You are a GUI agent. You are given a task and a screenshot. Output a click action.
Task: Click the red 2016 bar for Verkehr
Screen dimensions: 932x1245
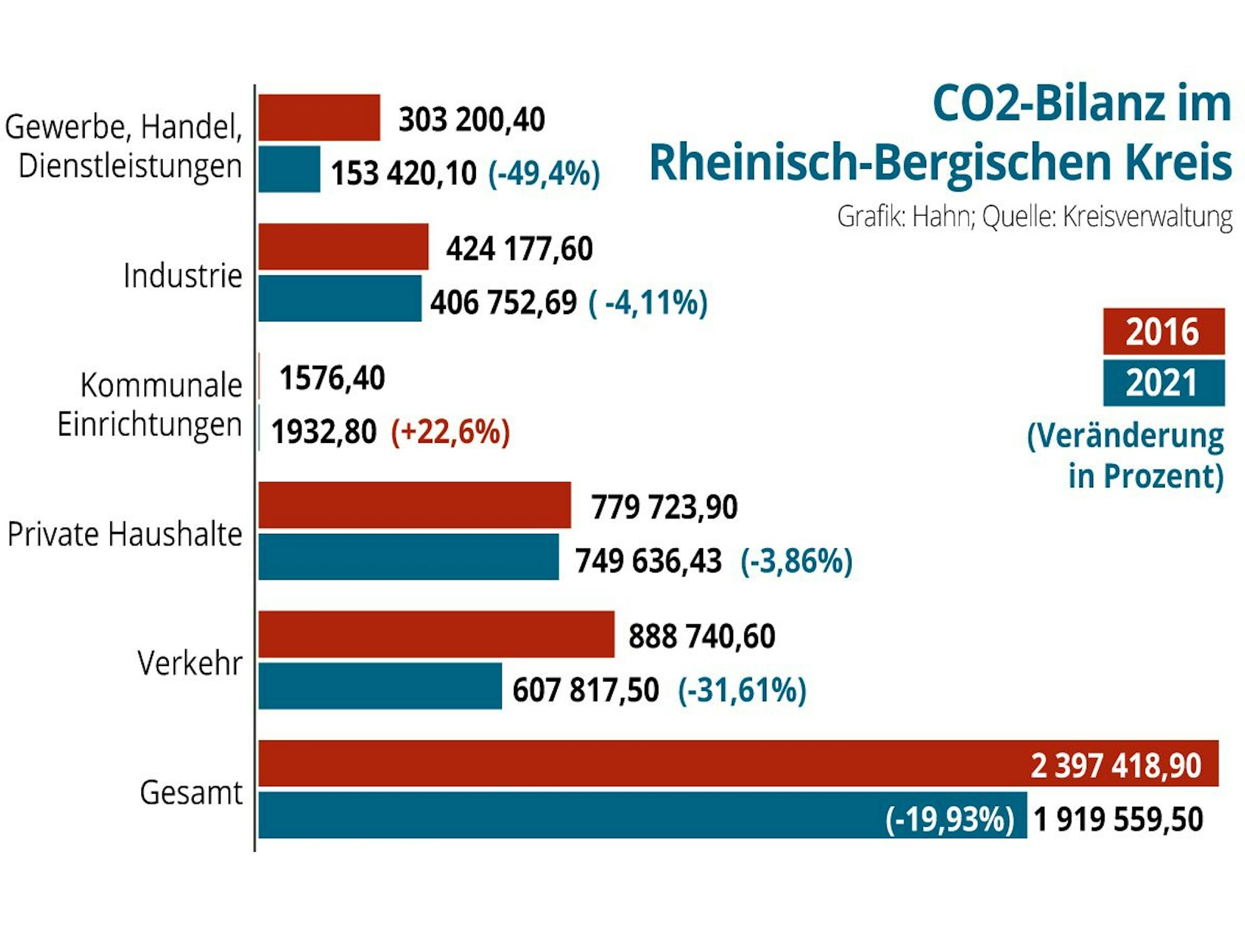[x=436, y=634]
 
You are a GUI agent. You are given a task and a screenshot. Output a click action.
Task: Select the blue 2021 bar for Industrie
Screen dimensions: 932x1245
[x=340, y=298]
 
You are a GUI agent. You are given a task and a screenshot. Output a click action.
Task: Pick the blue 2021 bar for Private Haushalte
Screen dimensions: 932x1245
[x=409, y=557]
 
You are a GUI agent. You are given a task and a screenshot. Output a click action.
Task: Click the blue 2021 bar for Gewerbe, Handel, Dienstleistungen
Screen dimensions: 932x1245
[x=289, y=169]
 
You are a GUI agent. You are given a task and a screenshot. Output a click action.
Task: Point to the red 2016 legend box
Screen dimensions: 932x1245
[x=1163, y=331]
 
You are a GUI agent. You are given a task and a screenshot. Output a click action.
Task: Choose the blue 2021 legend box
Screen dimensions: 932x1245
[x=1163, y=383]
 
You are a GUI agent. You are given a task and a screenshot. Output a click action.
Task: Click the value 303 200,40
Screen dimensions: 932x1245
[x=471, y=119]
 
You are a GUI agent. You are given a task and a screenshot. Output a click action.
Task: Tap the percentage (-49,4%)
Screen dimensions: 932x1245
[x=544, y=173]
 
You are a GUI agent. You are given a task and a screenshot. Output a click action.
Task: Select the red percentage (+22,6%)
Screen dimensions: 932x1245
[x=450, y=432]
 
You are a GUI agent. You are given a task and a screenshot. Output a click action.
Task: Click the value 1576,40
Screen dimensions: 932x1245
[x=332, y=378]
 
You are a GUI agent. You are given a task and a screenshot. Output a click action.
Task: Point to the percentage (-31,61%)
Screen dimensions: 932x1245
[x=742, y=690]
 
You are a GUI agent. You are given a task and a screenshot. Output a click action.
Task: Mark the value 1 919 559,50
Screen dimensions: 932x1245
[x=1118, y=819]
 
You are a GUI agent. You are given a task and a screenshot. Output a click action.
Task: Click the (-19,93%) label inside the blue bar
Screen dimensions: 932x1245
[x=950, y=819]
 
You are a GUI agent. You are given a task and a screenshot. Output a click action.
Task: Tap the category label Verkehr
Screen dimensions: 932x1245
[x=190, y=662]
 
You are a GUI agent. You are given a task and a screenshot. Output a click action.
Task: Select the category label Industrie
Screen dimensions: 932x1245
[x=182, y=275]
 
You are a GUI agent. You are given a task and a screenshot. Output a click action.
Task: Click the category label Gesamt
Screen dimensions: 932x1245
[x=191, y=792]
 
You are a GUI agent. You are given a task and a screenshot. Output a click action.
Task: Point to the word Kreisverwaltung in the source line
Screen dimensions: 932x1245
[x=1147, y=217]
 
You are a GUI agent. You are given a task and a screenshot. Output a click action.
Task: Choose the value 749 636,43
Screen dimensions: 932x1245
[x=648, y=561]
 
